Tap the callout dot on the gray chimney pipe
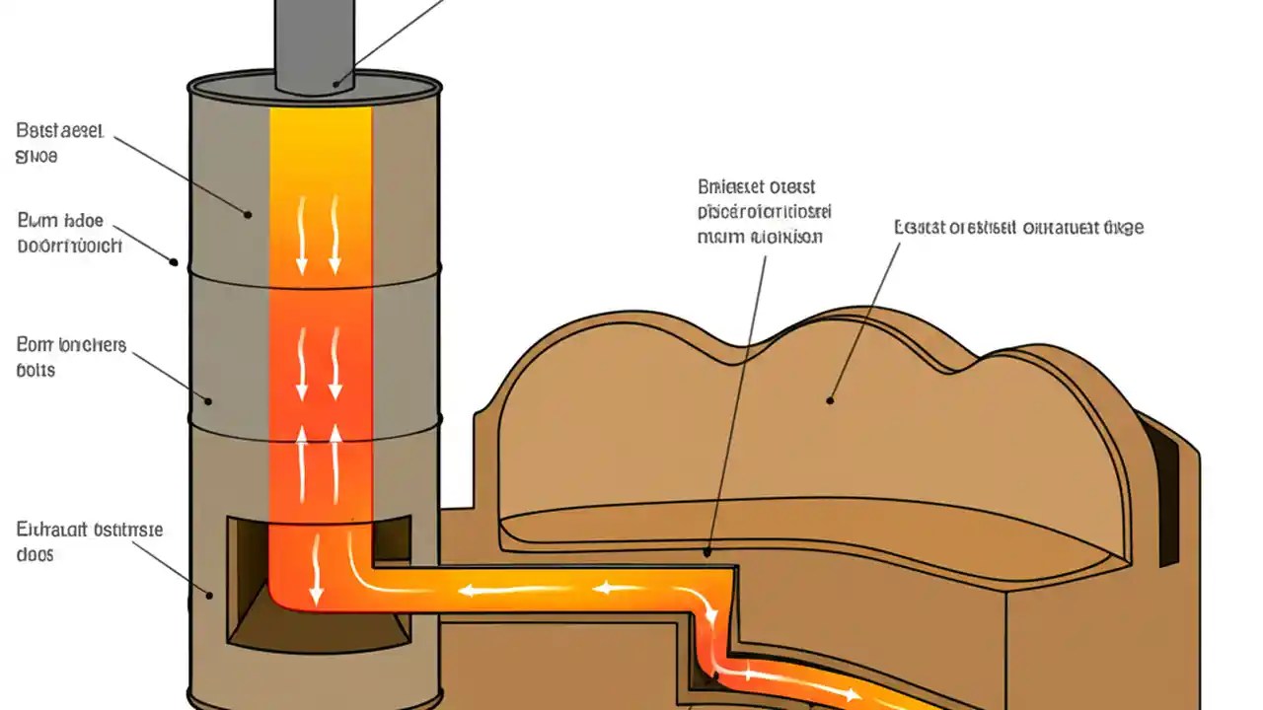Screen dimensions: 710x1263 point(335,83)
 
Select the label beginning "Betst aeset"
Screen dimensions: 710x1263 point(59,142)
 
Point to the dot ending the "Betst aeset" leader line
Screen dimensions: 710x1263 point(247,213)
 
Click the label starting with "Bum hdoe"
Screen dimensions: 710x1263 point(68,233)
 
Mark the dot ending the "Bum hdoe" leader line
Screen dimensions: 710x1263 point(175,262)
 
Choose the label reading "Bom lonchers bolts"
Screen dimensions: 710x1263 point(71,357)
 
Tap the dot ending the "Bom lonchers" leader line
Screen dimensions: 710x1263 point(208,400)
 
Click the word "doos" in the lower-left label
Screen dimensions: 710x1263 point(35,554)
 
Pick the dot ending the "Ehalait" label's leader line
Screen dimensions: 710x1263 point(208,595)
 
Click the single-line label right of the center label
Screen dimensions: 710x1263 point(1018,228)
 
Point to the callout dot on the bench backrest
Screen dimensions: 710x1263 point(830,400)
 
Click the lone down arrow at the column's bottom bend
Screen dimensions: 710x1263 point(315,582)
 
